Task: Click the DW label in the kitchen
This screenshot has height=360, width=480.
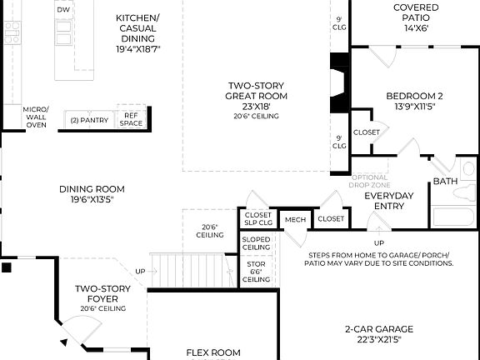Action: click(x=63, y=9)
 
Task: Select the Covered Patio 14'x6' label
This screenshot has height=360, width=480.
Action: click(x=415, y=17)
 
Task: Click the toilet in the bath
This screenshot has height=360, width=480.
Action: click(x=462, y=193)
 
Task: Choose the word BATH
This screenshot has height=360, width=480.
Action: click(x=444, y=181)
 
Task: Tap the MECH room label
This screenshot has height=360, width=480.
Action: click(x=295, y=219)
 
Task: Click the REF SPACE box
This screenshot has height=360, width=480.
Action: click(x=131, y=120)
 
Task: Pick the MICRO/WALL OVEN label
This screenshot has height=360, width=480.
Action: click(x=36, y=117)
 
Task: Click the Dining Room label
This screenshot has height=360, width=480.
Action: click(x=92, y=194)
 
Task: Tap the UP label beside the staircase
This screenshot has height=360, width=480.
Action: click(x=140, y=272)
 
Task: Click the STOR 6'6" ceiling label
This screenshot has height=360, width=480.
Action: click(x=256, y=272)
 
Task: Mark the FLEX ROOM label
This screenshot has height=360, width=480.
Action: click(x=212, y=352)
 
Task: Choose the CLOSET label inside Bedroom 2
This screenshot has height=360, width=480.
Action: click(x=367, y=132)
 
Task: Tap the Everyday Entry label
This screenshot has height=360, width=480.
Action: click(x=388, y=201)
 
